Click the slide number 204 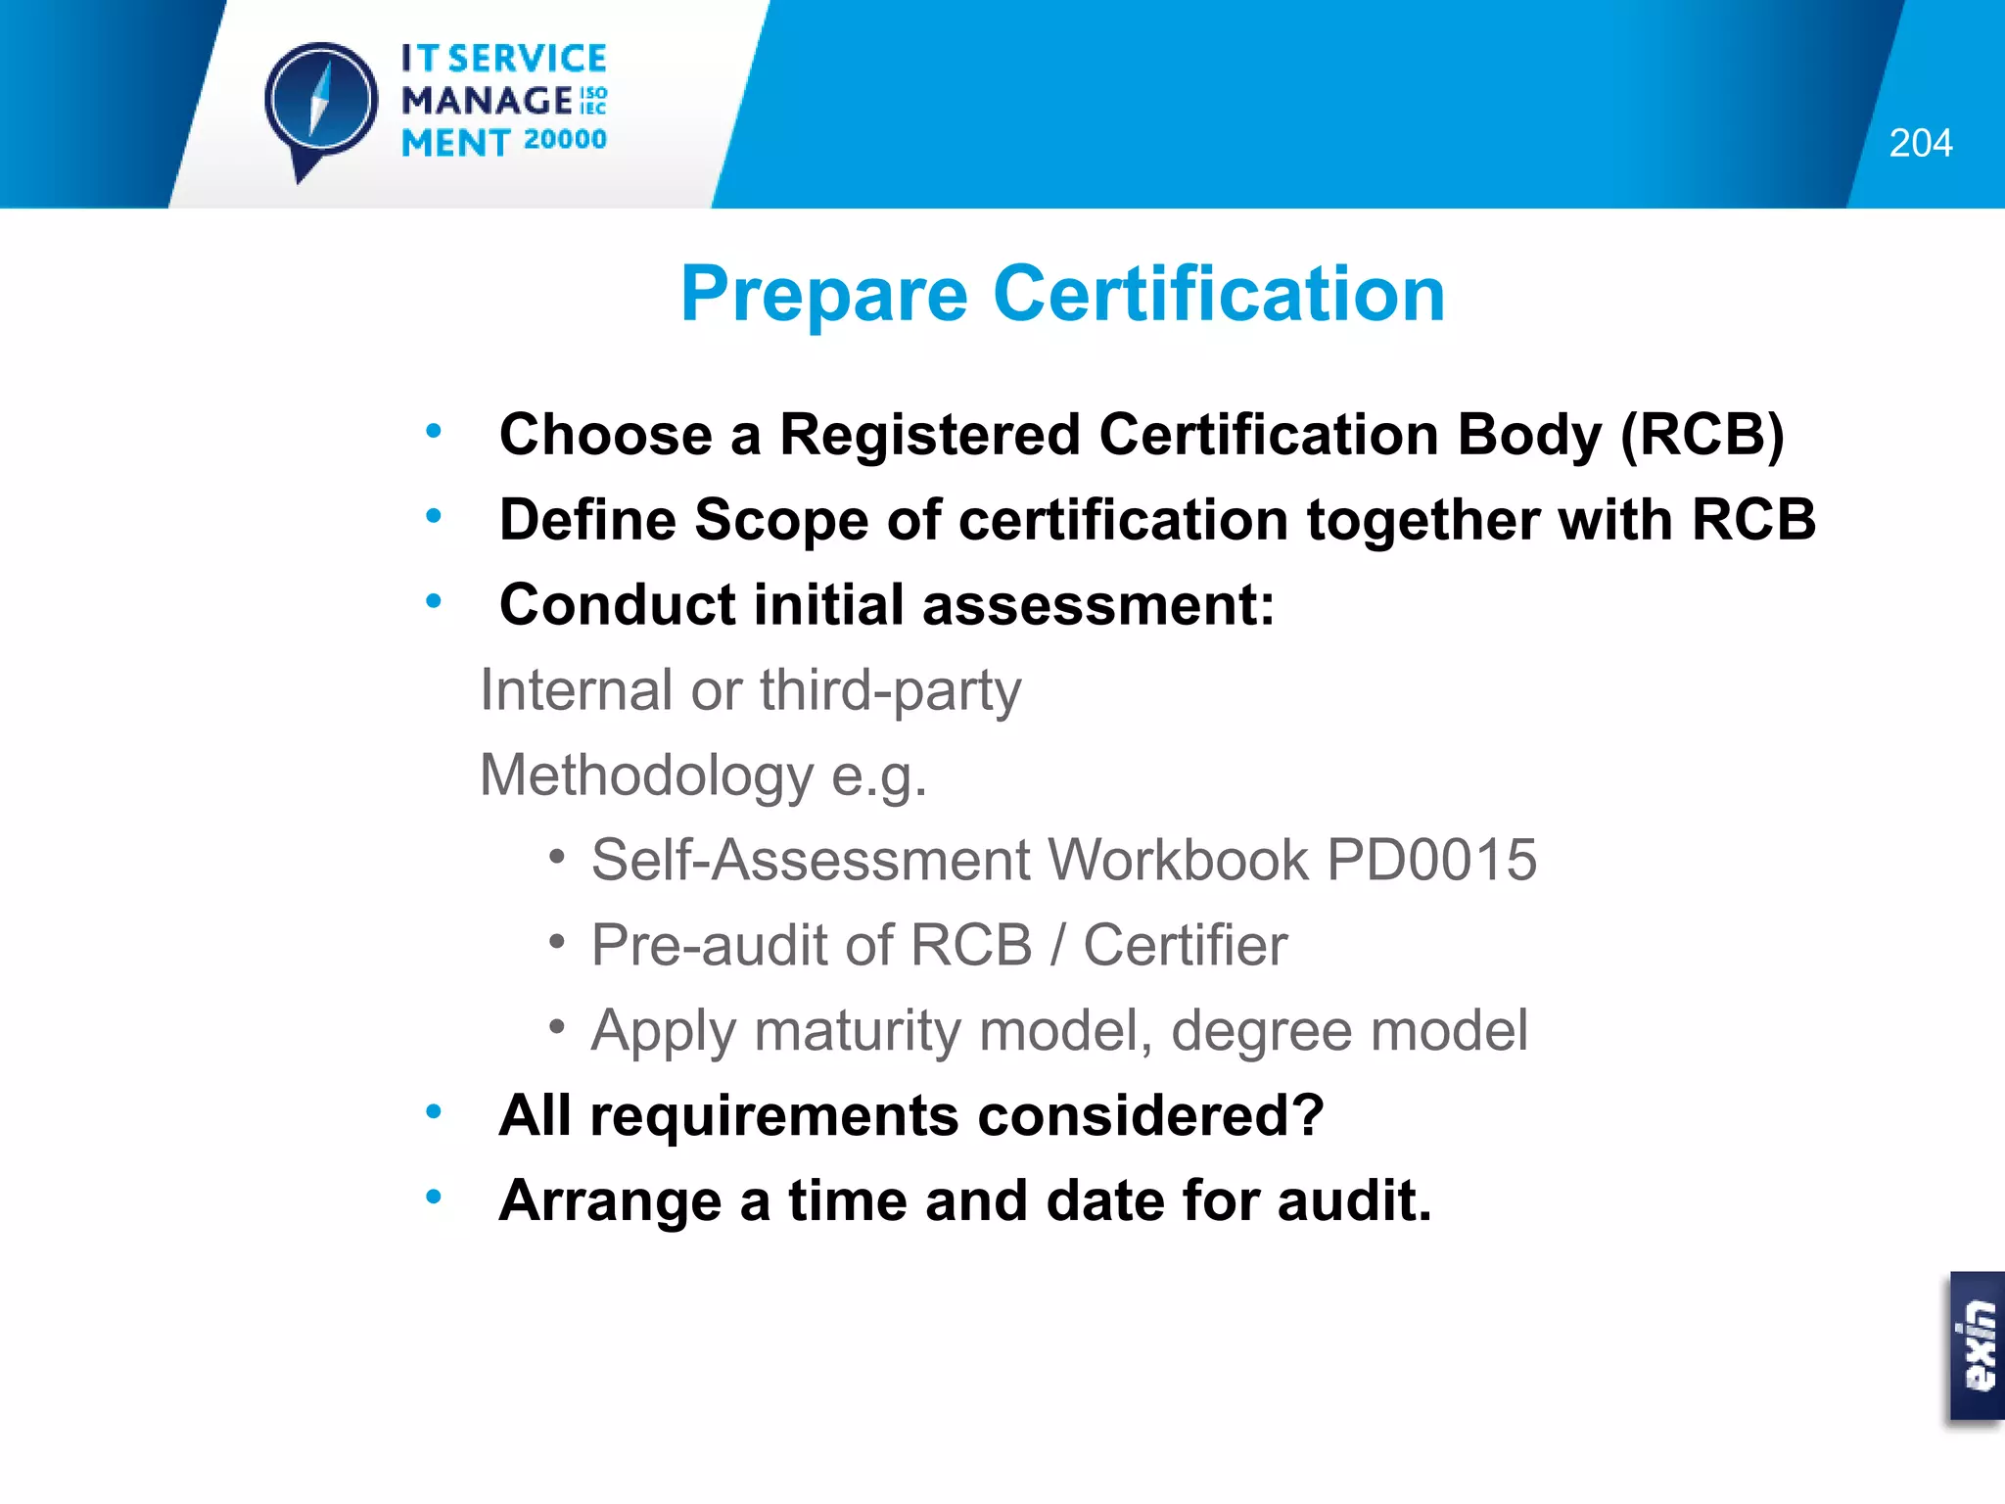[1920, 143]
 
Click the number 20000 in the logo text [565, 140]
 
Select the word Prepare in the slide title [824, 294]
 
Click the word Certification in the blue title [1219, 294]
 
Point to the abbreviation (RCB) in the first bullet [1702, 434]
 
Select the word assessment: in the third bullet [1098, 604]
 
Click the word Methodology [646, 775]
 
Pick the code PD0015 [1431, 860]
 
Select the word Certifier [1185, 945]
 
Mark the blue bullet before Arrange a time [434, 1196]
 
